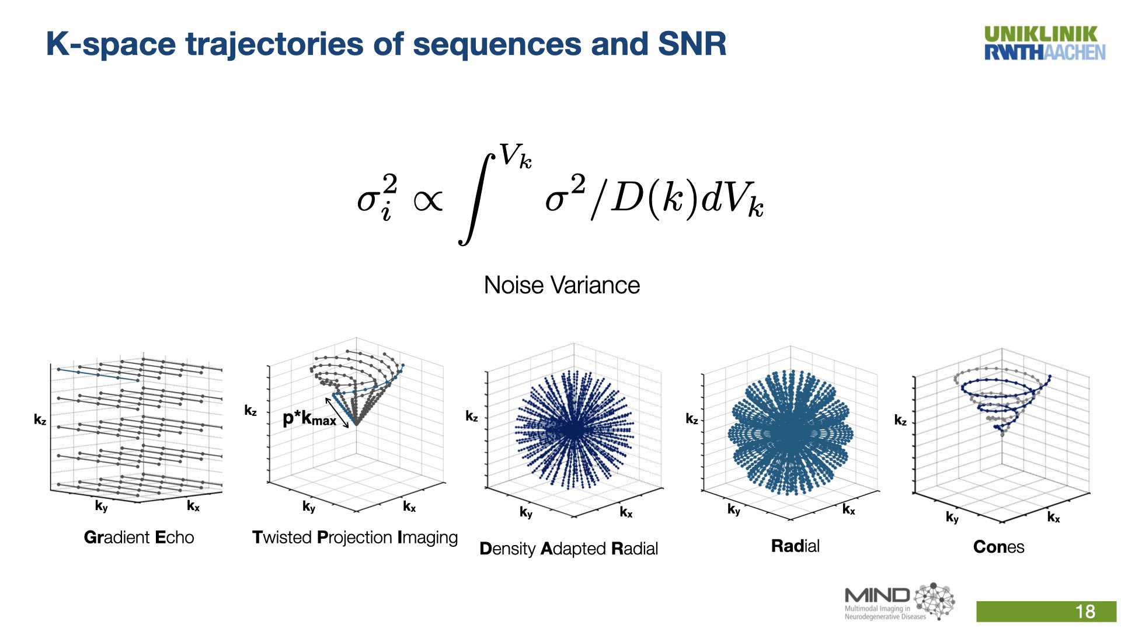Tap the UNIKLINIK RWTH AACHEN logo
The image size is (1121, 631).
1044,44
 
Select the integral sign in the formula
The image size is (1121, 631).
476,199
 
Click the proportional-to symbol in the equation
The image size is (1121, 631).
427,201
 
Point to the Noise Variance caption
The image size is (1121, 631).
562,286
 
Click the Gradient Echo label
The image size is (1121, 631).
139,538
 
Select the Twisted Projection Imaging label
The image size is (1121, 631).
355,538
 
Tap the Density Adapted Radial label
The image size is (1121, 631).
568,549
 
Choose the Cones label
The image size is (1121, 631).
998,547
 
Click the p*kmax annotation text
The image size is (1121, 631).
309,418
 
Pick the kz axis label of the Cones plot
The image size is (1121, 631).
900,420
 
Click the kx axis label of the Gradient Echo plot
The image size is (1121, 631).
193,506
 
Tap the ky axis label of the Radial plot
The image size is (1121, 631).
734,509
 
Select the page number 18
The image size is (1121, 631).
1085,612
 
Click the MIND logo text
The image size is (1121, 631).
877,596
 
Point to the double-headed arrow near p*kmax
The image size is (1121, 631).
337,412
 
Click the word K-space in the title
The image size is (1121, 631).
110,44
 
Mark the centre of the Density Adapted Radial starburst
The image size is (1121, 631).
573,430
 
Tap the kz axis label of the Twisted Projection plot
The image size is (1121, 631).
250,411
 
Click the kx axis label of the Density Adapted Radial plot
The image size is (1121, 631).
626,512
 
